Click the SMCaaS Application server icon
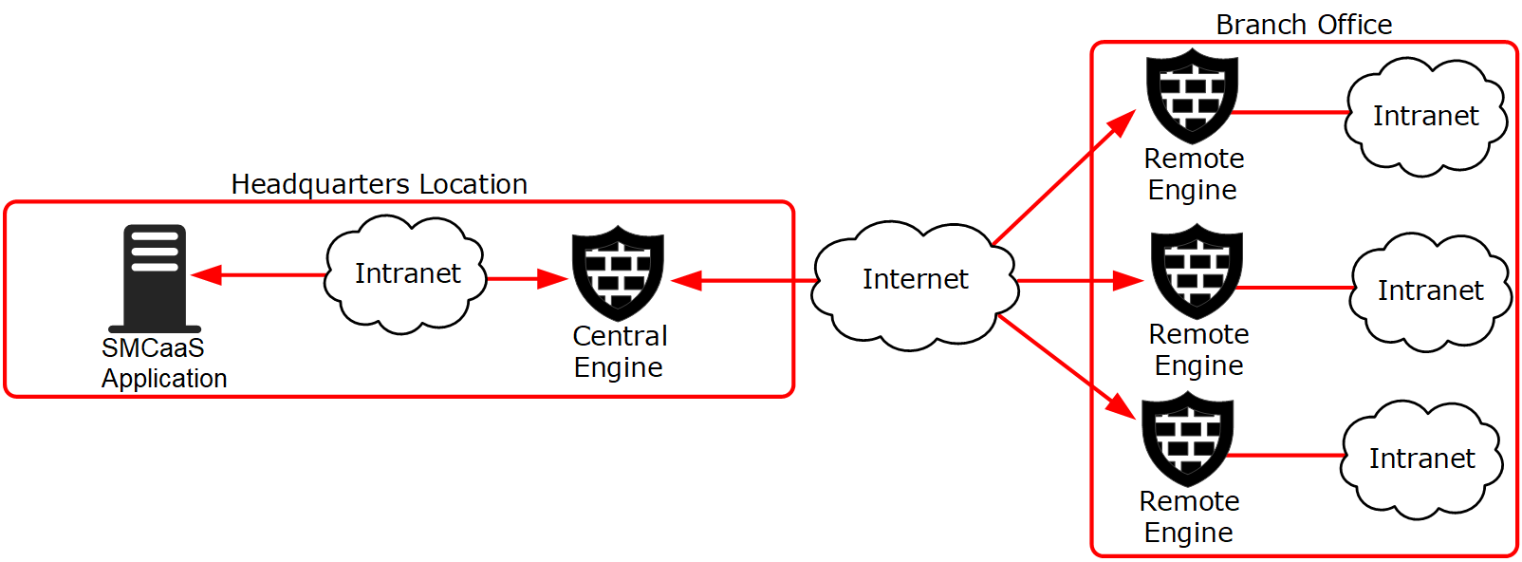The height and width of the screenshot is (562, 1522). pyautogui.click(x=155, y=278)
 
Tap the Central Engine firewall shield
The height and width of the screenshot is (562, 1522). pyautogui.click(x=618, y=273)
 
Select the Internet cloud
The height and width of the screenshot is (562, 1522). pyautogui.click(x=916, y=285)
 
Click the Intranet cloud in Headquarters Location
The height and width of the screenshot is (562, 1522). pyautogui.click(x=405, y=274)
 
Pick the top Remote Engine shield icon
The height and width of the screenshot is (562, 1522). pyautogui.click(x=1192, y=96)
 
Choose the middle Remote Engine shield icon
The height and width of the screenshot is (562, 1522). pyautogui.click(x=1197, y=272)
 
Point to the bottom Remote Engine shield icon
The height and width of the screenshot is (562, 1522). pyautogui.click(x=1187, y=439)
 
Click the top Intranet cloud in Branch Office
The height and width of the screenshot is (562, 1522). pyautogui.click(x=1426, y=116)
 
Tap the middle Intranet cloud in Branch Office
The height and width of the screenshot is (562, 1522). pyautogui.click(x=1430, y=291)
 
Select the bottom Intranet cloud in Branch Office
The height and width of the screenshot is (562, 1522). pyautogui.click(x=1422, y=459)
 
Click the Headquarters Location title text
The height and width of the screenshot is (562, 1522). pyautogui.click(x=380, y=184)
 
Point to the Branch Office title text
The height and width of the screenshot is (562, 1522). pyautogui.click(x=1304, y=25)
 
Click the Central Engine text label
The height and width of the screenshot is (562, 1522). pyautogui.click(x=619, y=351)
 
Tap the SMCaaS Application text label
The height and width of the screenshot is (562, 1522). pyautogui.click(x=164, y=363)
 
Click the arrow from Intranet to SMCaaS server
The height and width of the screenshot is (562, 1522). pyautogui.click(x=259, y=274)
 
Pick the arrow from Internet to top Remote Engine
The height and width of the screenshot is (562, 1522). pyautogui.click(x=1064, y=177)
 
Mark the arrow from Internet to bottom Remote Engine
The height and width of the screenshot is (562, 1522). pyautogui.click(x=1067, y=367)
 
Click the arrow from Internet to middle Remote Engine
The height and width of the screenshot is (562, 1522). pyautogui.click(x=1081, y=280)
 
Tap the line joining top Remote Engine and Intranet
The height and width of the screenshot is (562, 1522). pyautogui.click(x=1290, y=112)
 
